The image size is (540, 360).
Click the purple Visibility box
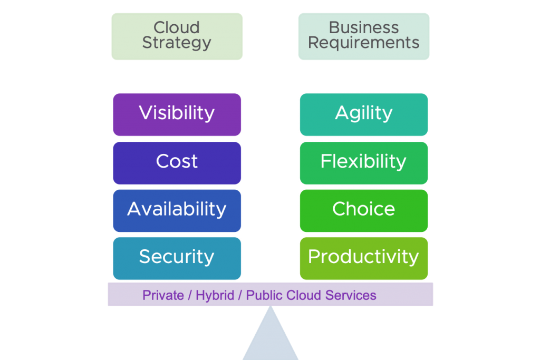(177, 114)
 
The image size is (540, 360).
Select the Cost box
(177, 162)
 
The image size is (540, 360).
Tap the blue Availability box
(177, 210)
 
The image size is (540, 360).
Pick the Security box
(177, 257)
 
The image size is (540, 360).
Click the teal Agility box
(364, 114)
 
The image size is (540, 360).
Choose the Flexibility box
(364, 162)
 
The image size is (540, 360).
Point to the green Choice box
(364, 210)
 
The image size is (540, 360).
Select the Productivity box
(364, 257)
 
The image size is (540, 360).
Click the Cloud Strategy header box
(177, 36)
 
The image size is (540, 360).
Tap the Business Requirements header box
(364, 36)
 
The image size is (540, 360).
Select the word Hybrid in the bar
(215, 295)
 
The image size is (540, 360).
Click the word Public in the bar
(264, 295)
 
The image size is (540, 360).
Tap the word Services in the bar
(351, 295)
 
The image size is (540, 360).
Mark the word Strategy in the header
(177, 43)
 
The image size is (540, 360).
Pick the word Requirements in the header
(364, 43)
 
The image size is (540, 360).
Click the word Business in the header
(364, 27)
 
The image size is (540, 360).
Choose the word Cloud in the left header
(177, 27)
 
